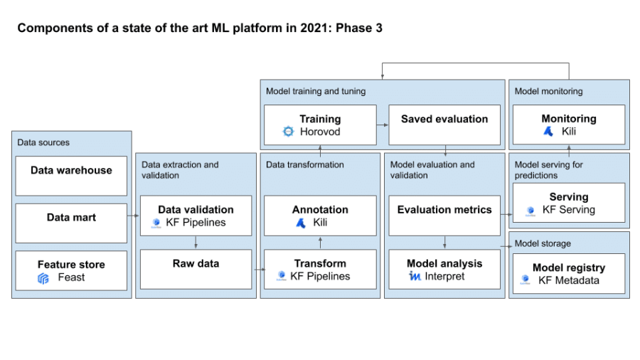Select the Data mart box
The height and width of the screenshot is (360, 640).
pos(71,223)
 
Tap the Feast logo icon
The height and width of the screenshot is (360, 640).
pos(43,278)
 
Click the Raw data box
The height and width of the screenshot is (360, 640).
pos(196,269)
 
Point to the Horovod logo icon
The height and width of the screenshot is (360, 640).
pos(288,132)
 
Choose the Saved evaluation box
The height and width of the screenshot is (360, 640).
pos(444,125)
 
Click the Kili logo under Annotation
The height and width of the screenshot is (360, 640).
pos(301,223)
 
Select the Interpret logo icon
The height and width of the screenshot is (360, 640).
pos(415,276)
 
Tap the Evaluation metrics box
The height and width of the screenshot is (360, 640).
pos(444,215)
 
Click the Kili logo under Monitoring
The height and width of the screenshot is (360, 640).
pos(548,132)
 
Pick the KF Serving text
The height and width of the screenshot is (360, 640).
pos(569,210)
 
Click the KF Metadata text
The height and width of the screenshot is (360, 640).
pos(569,280)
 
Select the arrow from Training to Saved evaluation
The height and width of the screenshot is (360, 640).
pos(382,125)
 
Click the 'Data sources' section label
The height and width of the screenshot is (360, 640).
pos(43,142)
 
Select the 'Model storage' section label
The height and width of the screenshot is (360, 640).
pos(543,243)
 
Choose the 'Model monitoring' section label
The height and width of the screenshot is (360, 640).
pos(548,91)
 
